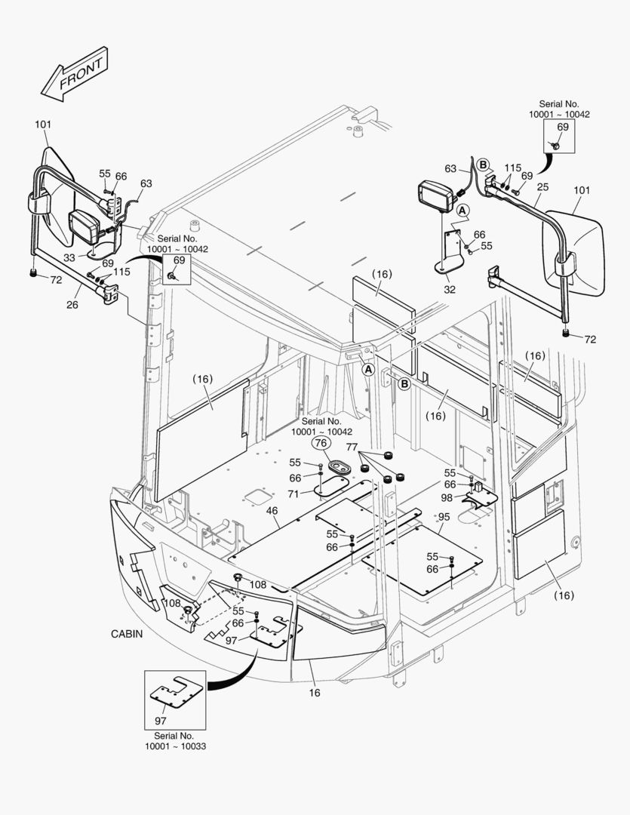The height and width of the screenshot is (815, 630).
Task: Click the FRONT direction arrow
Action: coord(73,74)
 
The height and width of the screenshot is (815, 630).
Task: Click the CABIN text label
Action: coord(126,634)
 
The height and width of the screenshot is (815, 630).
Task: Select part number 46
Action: coord(272,512)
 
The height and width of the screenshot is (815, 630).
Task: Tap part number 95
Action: coord(444,516)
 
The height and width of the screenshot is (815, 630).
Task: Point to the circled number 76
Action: coord(321,444)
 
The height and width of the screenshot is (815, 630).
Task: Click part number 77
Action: coord(352,447)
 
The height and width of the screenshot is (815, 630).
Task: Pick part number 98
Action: coord(447,497)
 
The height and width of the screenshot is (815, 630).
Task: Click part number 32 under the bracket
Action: coord(450,288)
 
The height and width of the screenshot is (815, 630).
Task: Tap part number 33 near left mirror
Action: coord(69,257)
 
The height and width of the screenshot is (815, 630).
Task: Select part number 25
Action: coord(542,186)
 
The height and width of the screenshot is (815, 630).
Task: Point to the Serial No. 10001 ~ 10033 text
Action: coord(175,740)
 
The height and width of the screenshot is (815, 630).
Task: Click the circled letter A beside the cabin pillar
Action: coord(368,370)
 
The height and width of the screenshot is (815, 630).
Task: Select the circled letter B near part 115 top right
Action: coord(483,164)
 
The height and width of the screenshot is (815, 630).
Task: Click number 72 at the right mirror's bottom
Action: coord(589,340)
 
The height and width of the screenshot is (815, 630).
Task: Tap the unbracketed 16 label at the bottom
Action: coord(314,692)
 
